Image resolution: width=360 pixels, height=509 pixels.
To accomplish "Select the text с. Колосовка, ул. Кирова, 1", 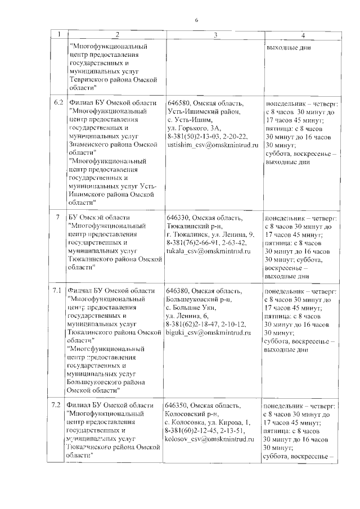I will pyautogui.click(x=208, y=422).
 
